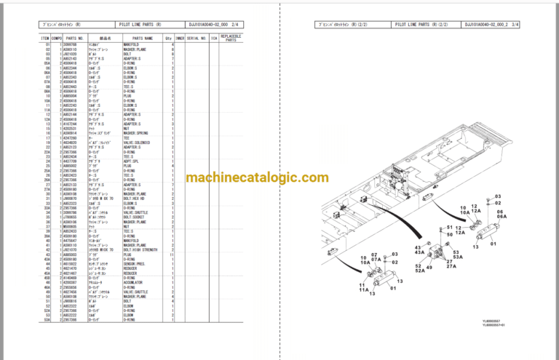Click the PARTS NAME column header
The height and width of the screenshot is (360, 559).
tap(143, 38)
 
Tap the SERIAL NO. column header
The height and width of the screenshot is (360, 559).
tap(197, 38)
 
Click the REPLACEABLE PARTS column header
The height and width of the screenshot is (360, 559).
tap(231, 38)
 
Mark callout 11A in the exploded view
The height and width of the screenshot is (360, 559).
tap(362, 289)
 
